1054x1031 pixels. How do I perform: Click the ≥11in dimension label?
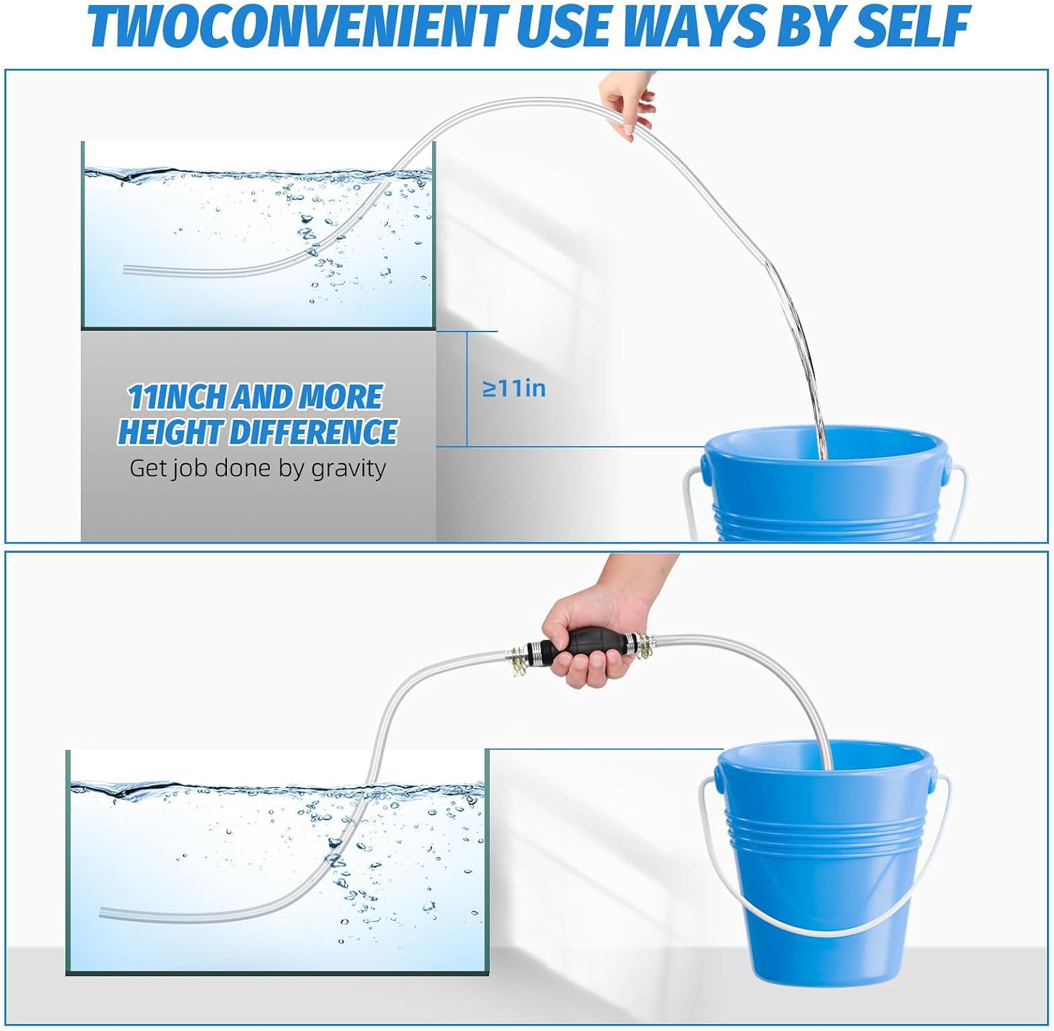coord(514,388)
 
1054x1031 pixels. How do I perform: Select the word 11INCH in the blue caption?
coord(176,397)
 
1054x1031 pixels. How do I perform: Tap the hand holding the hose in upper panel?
coord(627,103)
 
